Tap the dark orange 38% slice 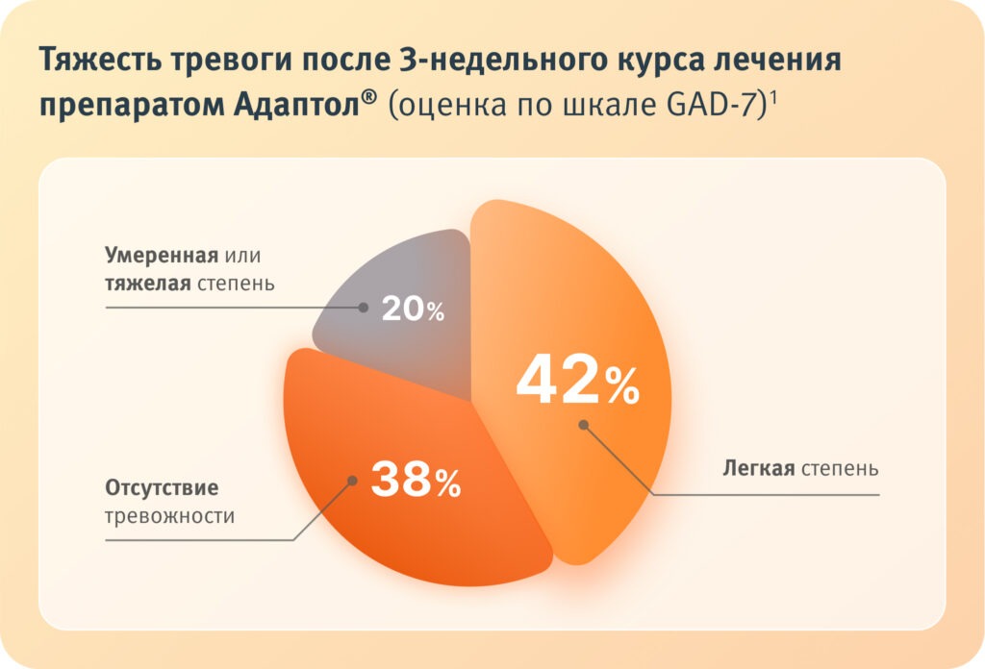404,529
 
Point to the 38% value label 416,480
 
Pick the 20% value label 413,310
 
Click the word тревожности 169,515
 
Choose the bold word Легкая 758,469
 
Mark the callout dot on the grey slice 364,308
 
